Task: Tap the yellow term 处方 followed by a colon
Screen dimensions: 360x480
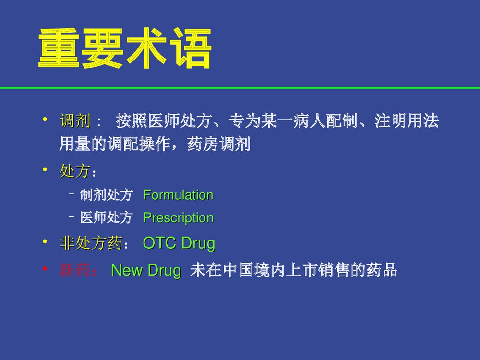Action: tap(75, 171)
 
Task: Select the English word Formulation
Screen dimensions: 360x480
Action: tap(178, 195)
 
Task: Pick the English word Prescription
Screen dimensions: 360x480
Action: tap(178, 218)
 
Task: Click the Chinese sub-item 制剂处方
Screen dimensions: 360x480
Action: tap(106, 195)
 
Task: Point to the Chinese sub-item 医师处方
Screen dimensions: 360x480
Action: tap(106, 218)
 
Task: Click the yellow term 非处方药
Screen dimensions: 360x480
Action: tap(90, 244)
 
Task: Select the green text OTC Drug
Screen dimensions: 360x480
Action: tap(179, 244)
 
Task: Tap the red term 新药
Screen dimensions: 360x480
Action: tap(75, 271)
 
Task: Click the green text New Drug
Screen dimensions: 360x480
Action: tap(146, 271)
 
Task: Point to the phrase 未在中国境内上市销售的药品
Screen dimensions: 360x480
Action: tap(293, 271)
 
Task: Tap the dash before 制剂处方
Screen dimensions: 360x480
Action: tap(71, 195)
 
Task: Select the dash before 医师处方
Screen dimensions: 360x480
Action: tap(71, 218)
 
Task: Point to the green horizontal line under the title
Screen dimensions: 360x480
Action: tap(240, 88)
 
